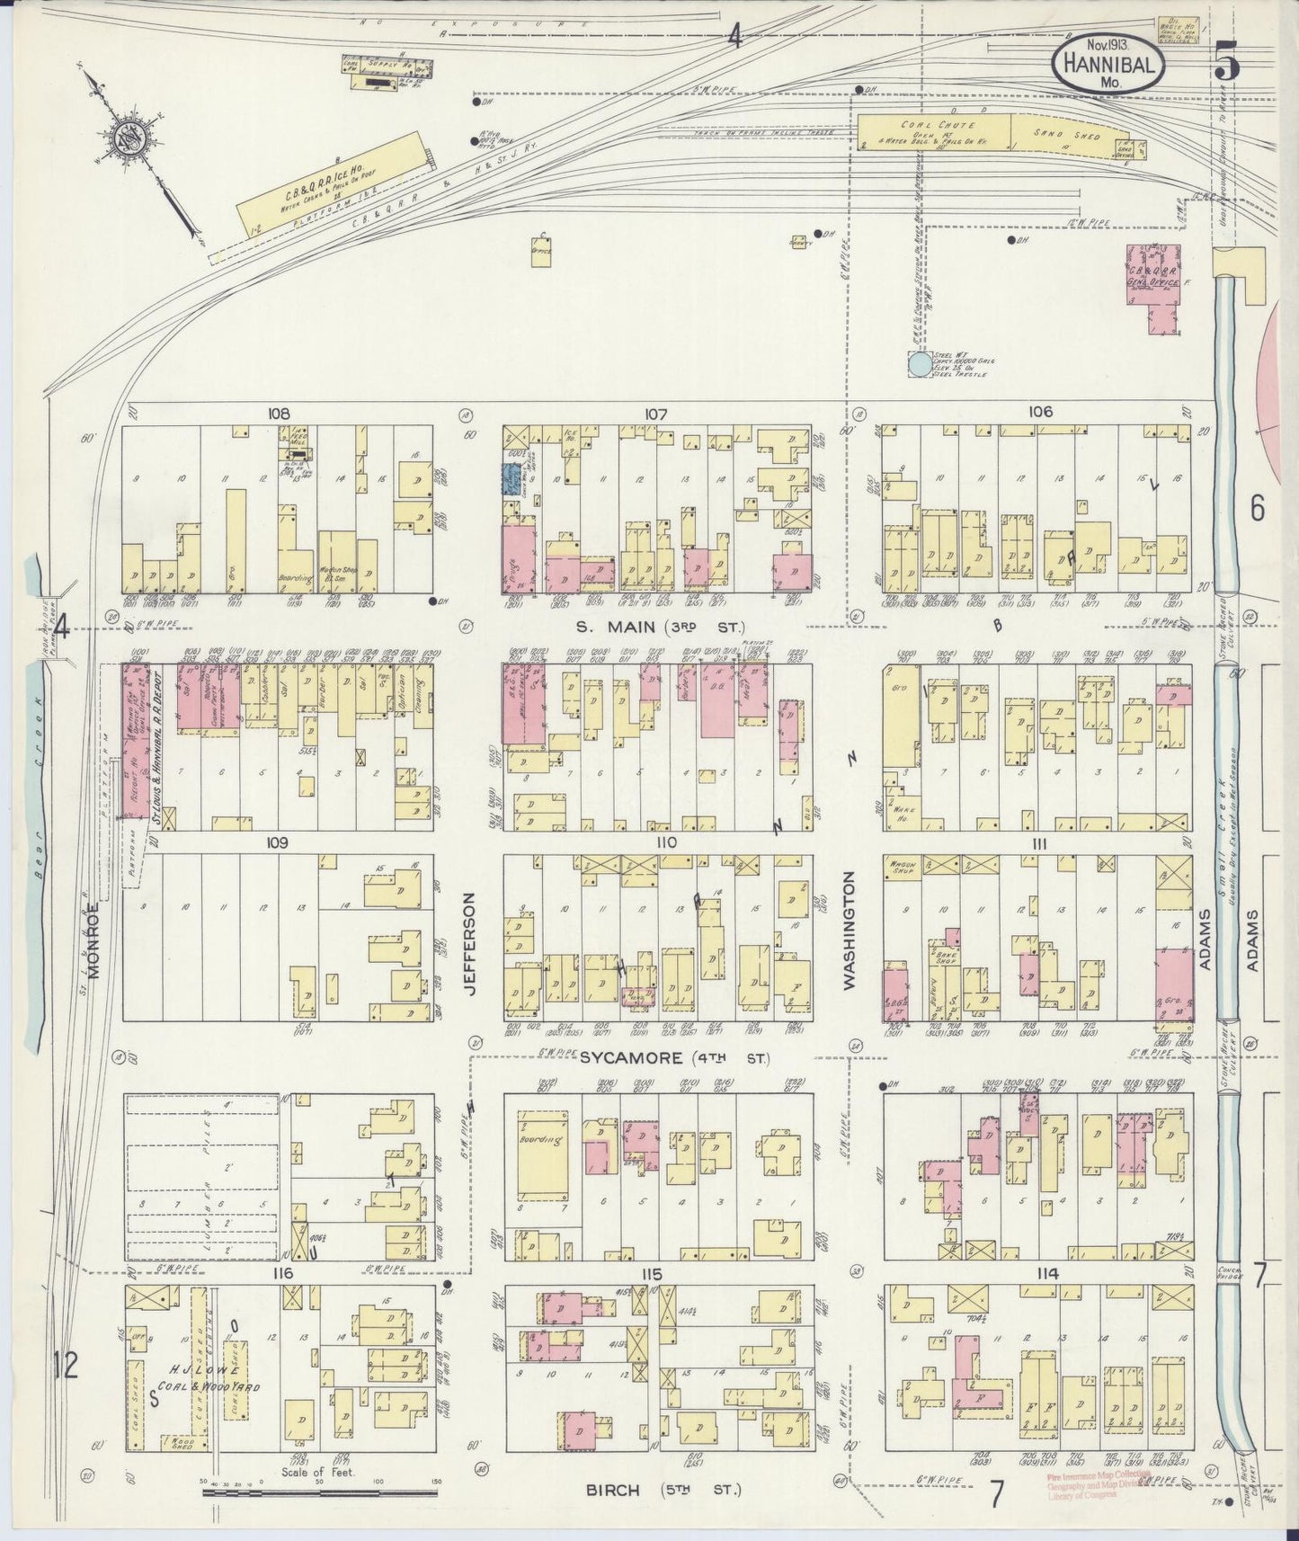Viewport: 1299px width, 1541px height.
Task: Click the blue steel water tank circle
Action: (919, 364)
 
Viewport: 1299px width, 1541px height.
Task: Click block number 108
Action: (278, 414)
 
